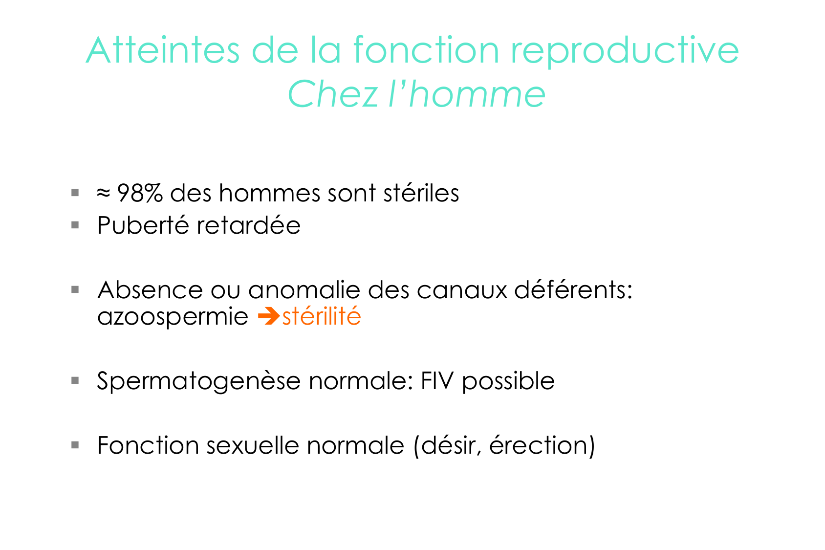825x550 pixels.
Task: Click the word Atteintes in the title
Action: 163,50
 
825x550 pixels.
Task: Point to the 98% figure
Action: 140,193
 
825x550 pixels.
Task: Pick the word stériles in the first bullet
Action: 421,193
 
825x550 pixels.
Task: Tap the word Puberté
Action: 143,225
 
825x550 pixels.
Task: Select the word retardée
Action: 249,225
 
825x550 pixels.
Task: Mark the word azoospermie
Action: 173,317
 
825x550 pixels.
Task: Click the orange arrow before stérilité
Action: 269,316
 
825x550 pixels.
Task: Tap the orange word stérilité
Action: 322,316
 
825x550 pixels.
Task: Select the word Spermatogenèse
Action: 199,381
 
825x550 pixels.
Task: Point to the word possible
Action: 508,381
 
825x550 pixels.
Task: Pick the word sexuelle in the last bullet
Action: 253,445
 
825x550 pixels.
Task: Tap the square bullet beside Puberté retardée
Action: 75,225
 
